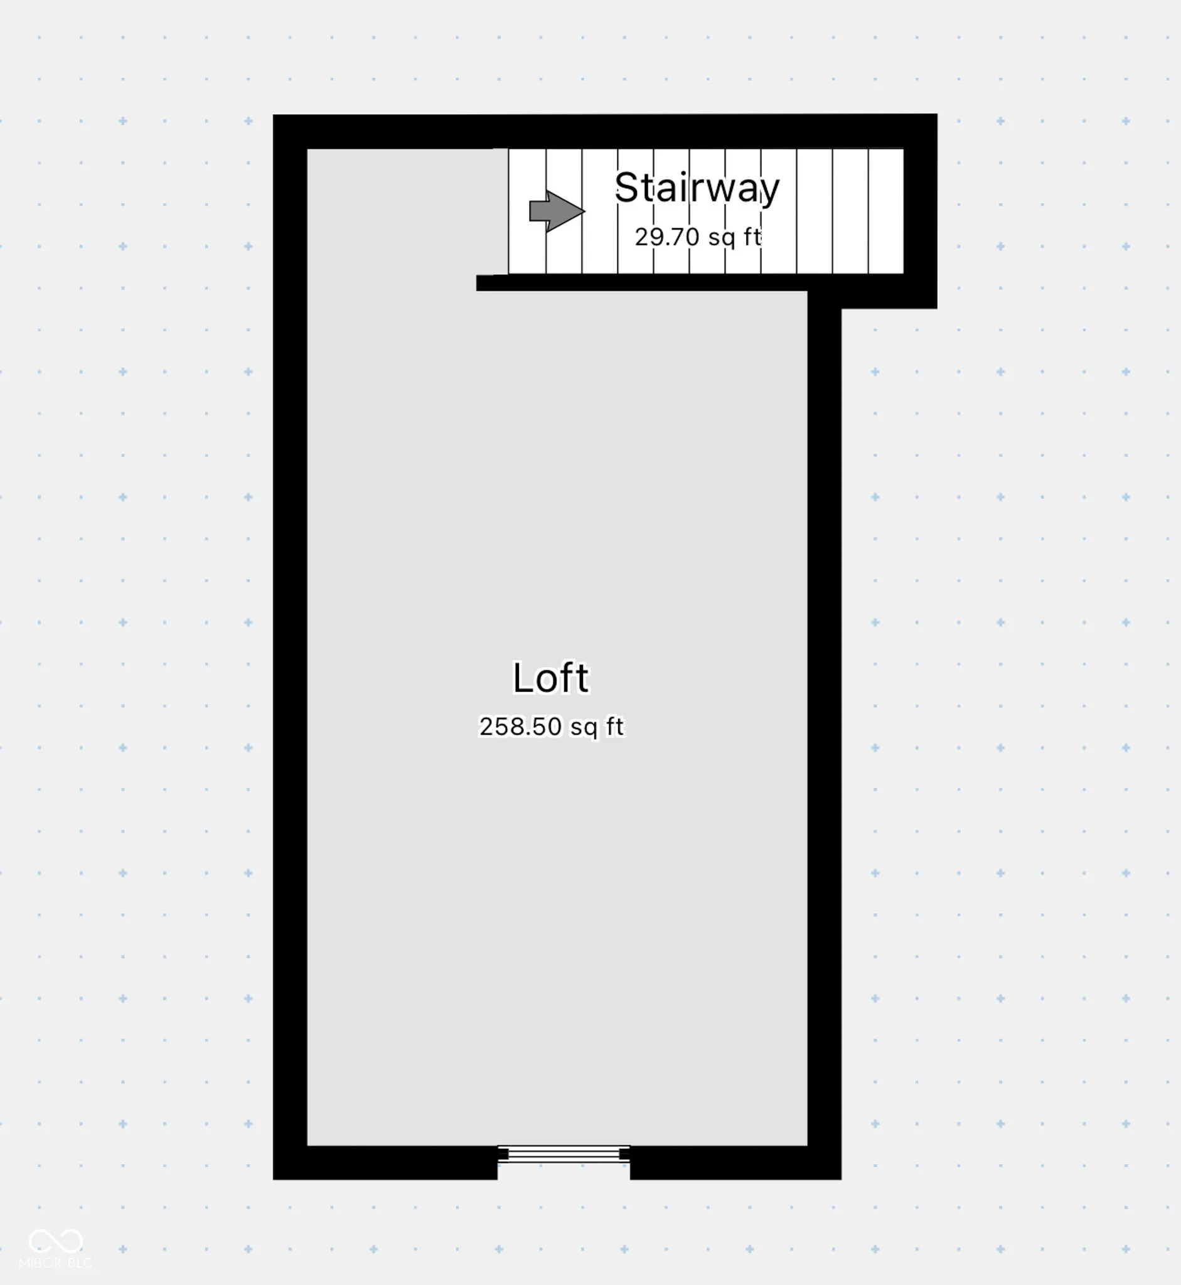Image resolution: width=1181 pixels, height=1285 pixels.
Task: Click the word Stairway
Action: click(x=697, y=188)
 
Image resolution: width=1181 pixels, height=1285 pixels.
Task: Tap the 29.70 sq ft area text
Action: click(x=698, y=237)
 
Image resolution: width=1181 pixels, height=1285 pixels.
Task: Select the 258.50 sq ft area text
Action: click(x=552, y=727)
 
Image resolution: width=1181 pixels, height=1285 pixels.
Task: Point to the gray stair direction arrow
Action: click(x=557, y=211)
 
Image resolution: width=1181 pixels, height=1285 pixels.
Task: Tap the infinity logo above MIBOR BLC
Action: click(x=56, y=1241)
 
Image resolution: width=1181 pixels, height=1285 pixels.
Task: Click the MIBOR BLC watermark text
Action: click(x=56, y=1262)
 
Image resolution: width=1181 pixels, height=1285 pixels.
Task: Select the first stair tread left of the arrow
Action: click(x=527, y=211)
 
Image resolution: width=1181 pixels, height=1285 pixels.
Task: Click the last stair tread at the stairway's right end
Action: click(x=886, y=211)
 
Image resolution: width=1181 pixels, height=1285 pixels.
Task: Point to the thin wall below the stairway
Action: click(x=642, y=282)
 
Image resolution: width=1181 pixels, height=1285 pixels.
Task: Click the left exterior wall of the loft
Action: click(x=290, y=647)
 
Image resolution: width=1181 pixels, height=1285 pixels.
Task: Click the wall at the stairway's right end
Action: click(x=920, y=211)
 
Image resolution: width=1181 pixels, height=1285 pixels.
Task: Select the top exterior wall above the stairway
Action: click(x=605, y=132)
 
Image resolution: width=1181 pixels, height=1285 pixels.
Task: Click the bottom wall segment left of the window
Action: click(x=385, y=1162)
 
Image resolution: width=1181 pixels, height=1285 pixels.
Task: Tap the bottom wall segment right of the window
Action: click(x=735, y=1162)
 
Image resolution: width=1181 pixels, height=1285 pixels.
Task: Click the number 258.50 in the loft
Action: click(x=520, y=727)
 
